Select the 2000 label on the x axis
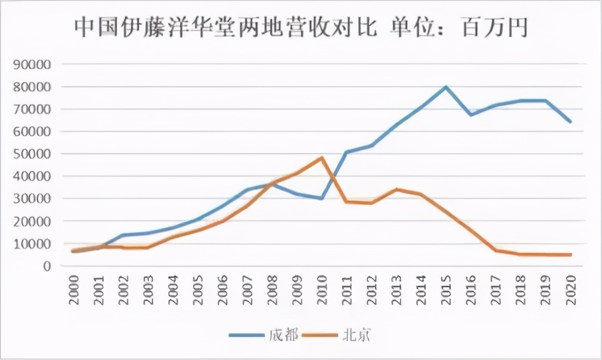coord(74,289)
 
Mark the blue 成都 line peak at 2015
coord(446,87)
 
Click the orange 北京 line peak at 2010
coord(322,158)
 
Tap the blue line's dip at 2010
coord(322,198)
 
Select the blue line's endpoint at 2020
coord(570,122)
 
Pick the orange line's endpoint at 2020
coord(570,255)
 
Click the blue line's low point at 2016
coord(471,115)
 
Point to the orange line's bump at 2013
coord(396,189)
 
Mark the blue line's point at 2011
coord(347,152)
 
